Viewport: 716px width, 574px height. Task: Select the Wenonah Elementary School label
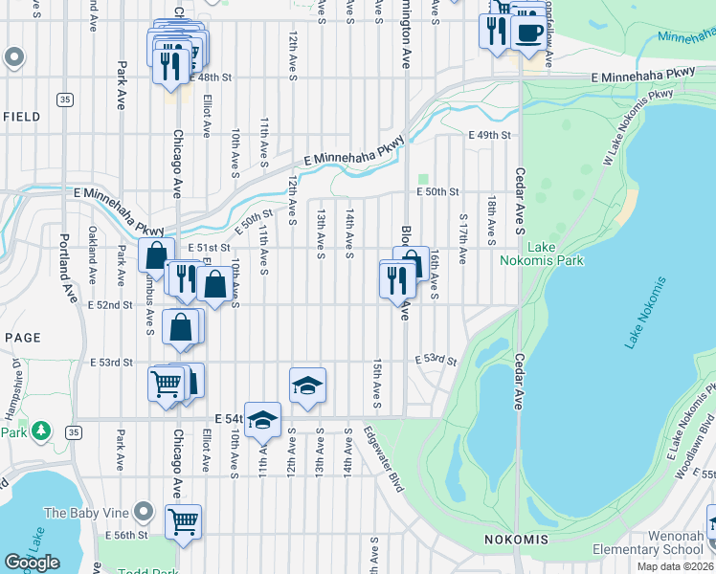tap(660, 542)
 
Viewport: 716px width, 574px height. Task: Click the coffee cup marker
tap(527, 33)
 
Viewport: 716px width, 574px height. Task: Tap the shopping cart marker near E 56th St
tap(183, 523)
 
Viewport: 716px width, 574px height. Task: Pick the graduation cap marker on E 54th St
tap(262, 420)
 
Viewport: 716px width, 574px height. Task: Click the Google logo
tap(32, 563)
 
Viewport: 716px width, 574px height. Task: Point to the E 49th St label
tap(489, 135)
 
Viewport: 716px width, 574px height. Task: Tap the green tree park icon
tap(41, 431)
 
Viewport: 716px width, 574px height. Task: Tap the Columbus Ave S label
tap(150, 304)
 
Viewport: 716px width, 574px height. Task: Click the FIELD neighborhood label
tap(20, 117)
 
